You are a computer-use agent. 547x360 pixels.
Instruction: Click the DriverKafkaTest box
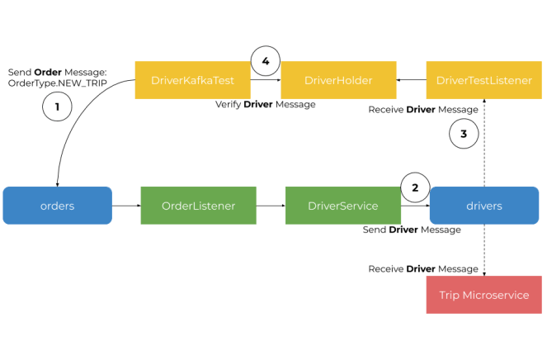click(192, 80)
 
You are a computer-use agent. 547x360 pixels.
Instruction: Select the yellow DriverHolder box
click(338, 80)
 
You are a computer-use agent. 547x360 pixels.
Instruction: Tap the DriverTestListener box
click(483, 80)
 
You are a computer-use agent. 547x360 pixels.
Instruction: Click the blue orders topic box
click(57, 206)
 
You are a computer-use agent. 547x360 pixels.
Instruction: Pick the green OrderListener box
click(198, 206)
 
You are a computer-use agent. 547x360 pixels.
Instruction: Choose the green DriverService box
click(342, 206)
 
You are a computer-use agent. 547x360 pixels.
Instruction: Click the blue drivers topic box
click(483, 206)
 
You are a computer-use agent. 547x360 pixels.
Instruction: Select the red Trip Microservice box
click(483, 295)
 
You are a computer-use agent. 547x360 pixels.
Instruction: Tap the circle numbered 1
click(57, 107)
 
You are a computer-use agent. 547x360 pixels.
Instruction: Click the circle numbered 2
click(415, 187)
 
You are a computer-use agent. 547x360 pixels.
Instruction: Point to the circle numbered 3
click(464, 134)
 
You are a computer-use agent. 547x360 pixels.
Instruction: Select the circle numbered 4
click(265, 61)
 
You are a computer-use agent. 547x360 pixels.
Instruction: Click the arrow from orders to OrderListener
click(125, 206)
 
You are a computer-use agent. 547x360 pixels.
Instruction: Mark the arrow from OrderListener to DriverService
click(270, 206)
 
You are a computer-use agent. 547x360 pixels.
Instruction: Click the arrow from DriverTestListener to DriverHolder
click(411, 80)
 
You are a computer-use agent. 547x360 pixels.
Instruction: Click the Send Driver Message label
click(412, 230)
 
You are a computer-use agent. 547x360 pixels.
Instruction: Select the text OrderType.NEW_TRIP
click(58, 83)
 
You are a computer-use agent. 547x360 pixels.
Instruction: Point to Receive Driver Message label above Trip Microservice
click(422, 268)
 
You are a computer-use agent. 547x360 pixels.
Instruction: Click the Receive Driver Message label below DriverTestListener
click(422, 109)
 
